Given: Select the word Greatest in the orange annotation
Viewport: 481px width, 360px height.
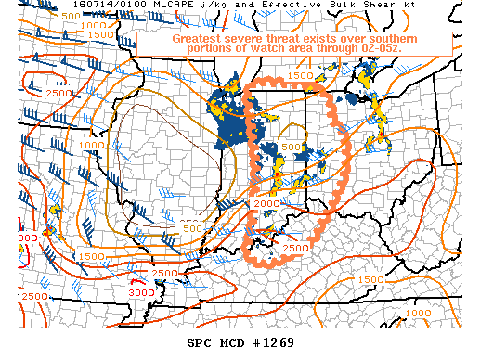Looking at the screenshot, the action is (x=198, y=40).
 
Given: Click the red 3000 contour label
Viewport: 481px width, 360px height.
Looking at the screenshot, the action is (x=141, y=292).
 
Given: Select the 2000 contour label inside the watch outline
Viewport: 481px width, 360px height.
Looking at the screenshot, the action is (x=266, y=203).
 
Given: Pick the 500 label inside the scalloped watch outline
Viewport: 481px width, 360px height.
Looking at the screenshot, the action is (x=291, y=147).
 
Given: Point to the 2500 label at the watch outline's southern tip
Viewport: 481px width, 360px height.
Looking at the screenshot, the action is (x=295, y=249).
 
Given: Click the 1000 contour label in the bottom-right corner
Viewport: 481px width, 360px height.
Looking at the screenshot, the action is (x=419, y=314).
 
